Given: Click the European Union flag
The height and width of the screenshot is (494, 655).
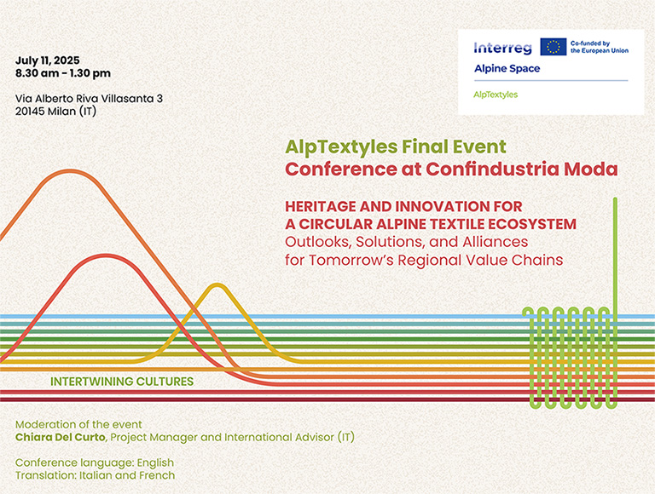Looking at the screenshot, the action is [x=553, y=47].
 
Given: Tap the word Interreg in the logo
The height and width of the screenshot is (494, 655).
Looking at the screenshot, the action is [x=503, y=48].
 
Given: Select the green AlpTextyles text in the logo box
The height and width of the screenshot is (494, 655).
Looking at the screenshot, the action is [x=496, y=95].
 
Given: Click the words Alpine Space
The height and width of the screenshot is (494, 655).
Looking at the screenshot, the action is [x=507, y=68].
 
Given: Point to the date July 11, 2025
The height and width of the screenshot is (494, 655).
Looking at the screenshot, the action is [x=47, y=60].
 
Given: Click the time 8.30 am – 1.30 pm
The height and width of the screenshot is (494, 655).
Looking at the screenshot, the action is [x=63, y=73].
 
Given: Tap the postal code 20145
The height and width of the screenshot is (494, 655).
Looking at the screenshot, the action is [x=30, y=112].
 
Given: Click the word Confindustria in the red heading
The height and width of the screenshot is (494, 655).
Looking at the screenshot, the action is [x=492, y=169].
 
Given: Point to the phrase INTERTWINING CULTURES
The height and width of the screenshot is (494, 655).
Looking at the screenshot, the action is [x=122, y=382].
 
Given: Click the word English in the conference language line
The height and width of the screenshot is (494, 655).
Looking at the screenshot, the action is [x=155, y=463].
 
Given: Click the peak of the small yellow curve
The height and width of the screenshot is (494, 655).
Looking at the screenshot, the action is [x=217, y=285].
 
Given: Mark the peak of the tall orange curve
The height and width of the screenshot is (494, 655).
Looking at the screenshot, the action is [x=70, y=171].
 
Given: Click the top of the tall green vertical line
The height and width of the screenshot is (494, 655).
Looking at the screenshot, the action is [x=615, y=198].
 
